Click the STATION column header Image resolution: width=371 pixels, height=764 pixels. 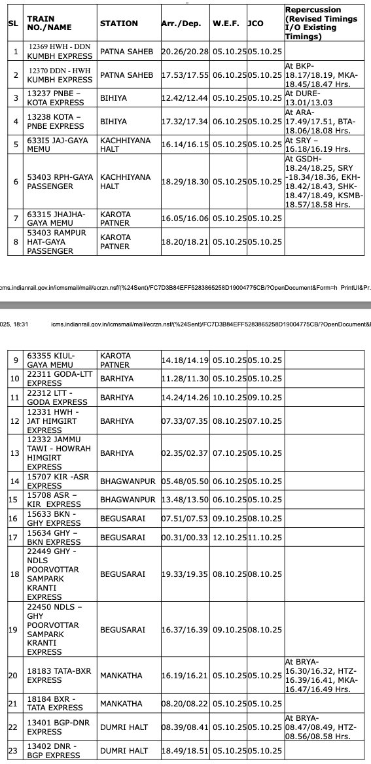coord(118,24)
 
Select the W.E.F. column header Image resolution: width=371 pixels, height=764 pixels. coord(226,24)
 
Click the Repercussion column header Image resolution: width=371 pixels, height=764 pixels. coord(324,24)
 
